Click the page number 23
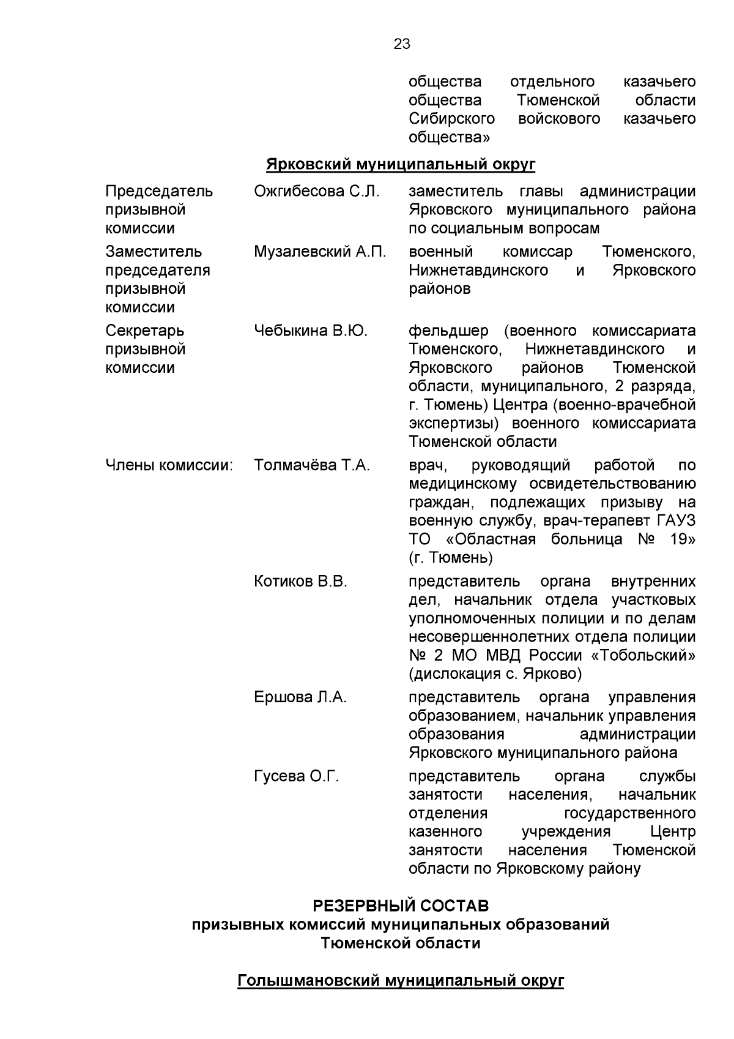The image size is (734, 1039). tap(402, 44)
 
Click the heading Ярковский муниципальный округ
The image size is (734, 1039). tap(401, 164)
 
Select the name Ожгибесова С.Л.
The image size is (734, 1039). tap(316, 191)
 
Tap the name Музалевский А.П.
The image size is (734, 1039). tap(320, 252)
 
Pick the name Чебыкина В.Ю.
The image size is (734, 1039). tap(311, 331)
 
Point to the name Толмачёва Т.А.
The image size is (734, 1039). tap(312, 465)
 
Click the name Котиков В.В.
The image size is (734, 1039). tap(300, 581)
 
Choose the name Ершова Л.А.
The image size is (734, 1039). tap(300, 697)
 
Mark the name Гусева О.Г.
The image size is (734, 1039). tap(296, 776)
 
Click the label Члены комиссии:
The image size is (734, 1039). tap(169, 465)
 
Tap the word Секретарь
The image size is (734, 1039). tap(144, 331)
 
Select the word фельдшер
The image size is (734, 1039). tap(448, 331)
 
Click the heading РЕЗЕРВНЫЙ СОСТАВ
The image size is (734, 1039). tap(401, 905)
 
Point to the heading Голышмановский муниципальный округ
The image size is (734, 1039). tap(401, 981)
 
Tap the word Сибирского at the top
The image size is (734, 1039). tap(451, 118)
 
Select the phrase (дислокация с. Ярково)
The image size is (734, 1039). tap(495, 673)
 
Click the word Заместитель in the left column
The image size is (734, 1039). tap(154, 252)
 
